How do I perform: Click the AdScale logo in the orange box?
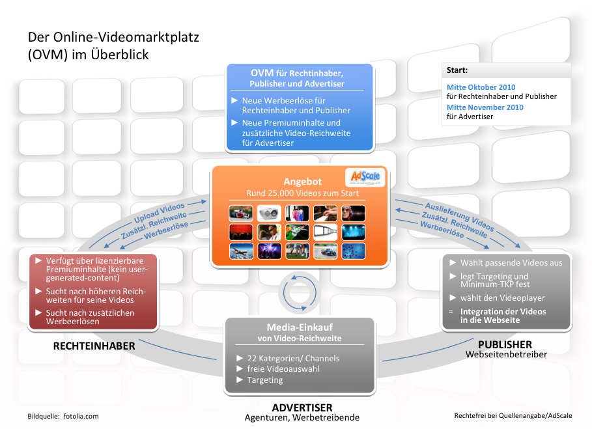[365, 178]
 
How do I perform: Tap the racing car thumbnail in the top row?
[240, 213]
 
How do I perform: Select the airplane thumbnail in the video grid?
[240, 251]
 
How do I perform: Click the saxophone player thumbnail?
[268, 232]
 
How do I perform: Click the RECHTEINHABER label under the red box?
[94, 346]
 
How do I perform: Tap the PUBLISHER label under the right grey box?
[505, 344]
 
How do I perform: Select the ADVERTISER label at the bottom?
[302, 408]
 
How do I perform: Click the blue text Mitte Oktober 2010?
[481, 87]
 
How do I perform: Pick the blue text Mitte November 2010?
[485, 107]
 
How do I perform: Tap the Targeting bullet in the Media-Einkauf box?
[264, 380]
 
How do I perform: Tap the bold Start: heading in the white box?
[457, 70]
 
